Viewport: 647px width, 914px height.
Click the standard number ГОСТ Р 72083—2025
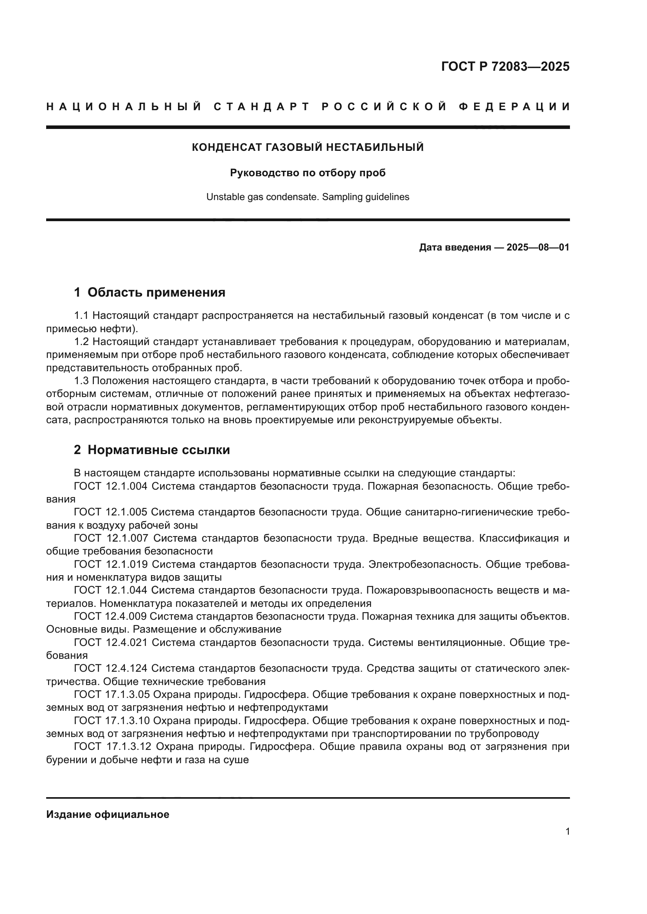(x=505, y=66)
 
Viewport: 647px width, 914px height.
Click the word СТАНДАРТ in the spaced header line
(x=261, y=107)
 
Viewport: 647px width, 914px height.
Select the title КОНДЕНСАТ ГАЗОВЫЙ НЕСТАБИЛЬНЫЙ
(x=307, y=147)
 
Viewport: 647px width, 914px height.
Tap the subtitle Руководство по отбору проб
(x=307, y=173)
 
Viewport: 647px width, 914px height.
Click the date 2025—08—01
(x=537, y=247)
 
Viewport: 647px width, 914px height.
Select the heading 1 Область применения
(x=149, y=292)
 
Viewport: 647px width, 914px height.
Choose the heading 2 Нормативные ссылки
(x=152, y=450)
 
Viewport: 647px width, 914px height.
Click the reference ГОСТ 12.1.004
(x=111, y=486)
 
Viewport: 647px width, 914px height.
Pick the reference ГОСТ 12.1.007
(x=111, y=538)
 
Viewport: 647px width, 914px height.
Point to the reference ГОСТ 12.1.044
(x=111, y=590)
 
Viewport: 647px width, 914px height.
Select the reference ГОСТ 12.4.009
(x=111, y=616)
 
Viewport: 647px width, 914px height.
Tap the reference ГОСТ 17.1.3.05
(x=111, y=694)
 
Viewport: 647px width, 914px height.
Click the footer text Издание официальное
(x=108, y=814)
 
